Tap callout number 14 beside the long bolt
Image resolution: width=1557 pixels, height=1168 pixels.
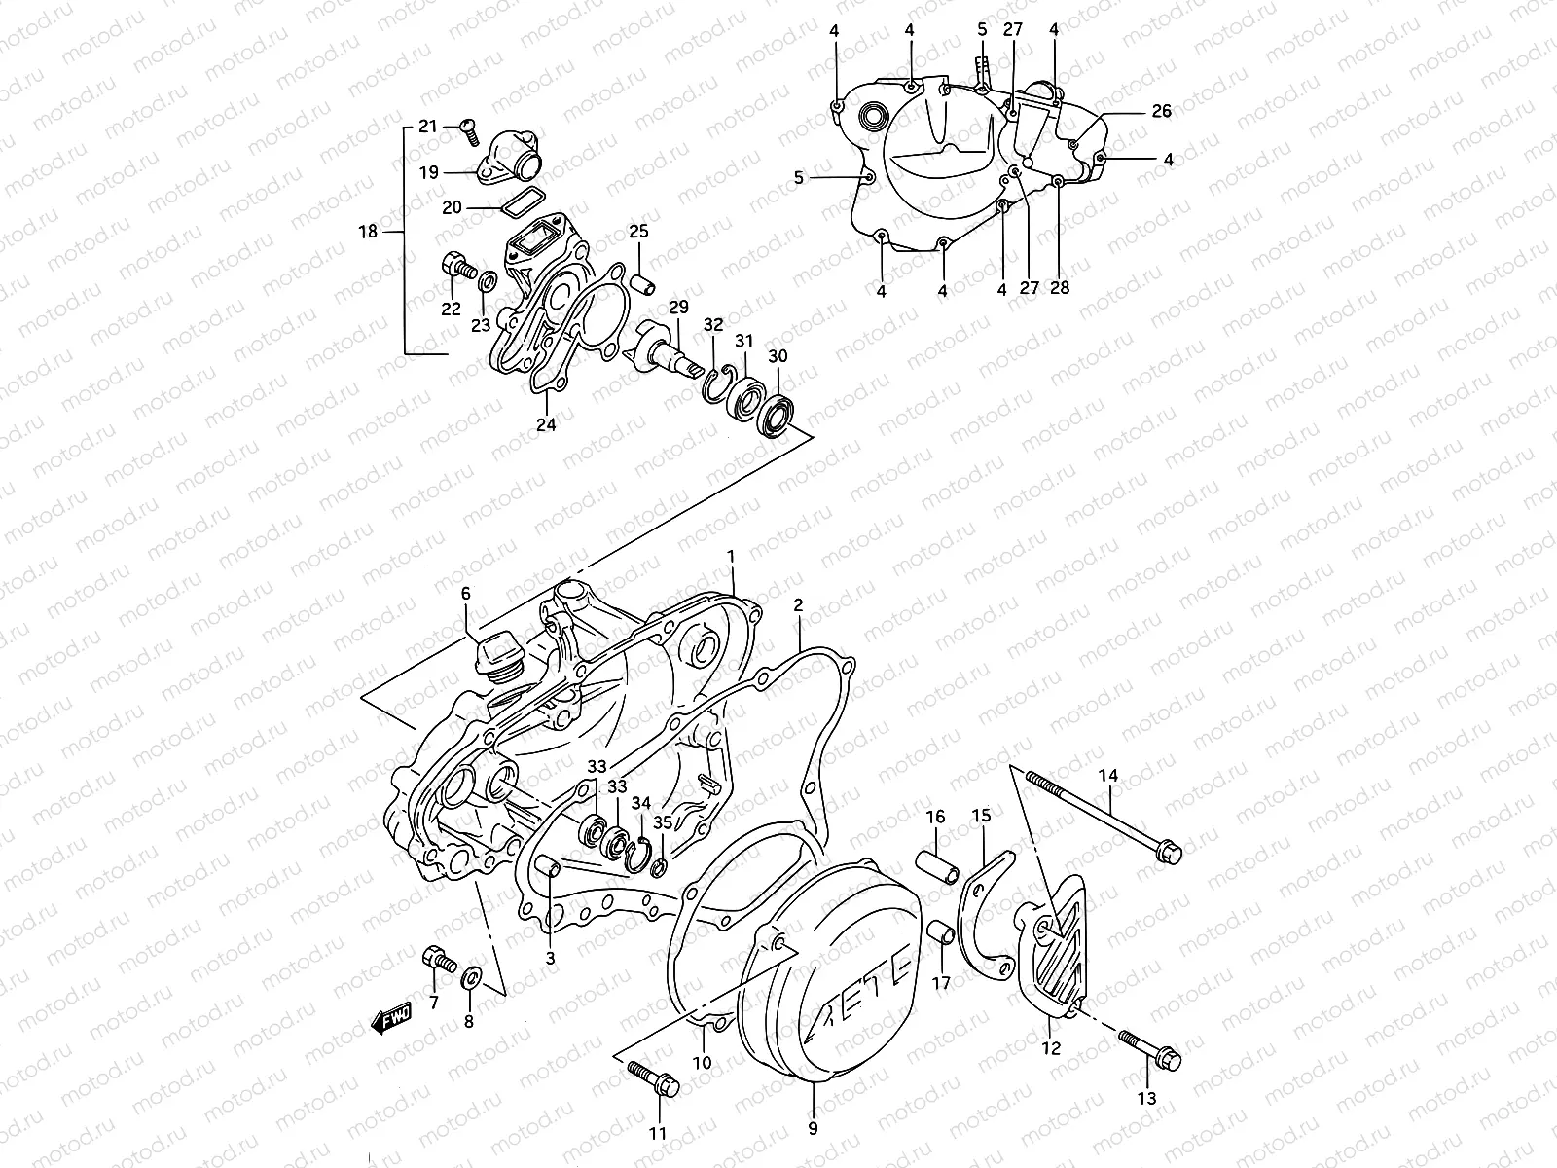coord(1109,776)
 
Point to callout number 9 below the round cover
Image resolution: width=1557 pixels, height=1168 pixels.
coord(813,1129)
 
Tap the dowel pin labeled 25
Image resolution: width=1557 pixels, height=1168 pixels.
coord(642,280)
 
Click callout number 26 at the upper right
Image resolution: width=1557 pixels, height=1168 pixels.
coord(1161,111)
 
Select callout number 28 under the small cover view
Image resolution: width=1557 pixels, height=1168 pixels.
coord(1060,288)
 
